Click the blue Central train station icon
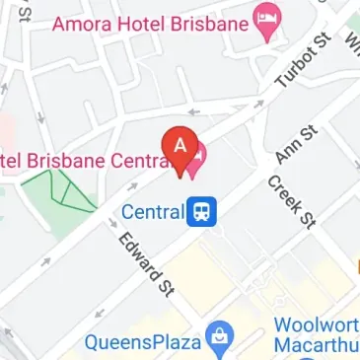click(202, 210)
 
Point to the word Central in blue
click(152, 210)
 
